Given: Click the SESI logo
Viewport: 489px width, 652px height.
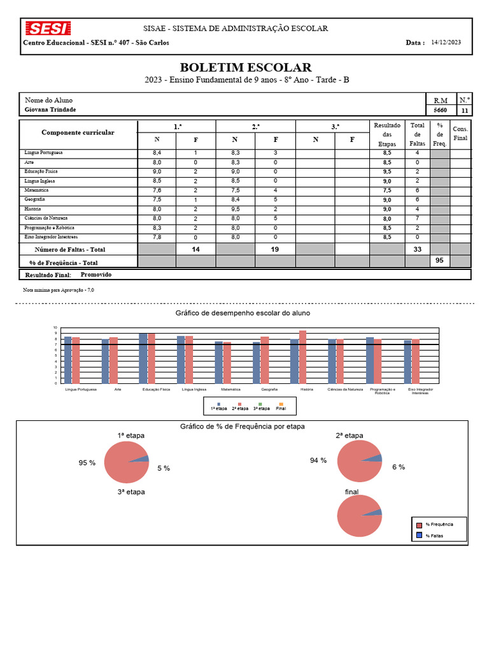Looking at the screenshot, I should coord(47,29).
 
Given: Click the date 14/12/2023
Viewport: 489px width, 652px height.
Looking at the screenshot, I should coord(446,42).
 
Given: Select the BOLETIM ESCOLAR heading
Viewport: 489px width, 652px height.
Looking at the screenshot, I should coord(246,67).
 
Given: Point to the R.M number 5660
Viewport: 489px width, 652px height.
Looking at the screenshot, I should coord(440,110).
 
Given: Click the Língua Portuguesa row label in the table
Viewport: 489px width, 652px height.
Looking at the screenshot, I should coord(44,153).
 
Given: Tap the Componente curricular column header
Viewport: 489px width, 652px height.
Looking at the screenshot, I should coord(78,132).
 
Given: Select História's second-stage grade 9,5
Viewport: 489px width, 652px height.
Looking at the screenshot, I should coord(235,209).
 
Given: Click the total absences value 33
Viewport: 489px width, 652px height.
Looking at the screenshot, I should coord(417,250).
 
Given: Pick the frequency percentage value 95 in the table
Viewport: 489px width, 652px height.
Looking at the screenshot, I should coord(439,260).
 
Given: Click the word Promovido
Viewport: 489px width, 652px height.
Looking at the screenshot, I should coord(96,274).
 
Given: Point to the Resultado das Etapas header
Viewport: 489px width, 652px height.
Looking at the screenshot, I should coord(387,134).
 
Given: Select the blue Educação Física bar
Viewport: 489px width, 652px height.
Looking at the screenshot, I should coord(143,358).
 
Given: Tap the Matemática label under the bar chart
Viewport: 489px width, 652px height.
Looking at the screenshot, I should coord(230,388).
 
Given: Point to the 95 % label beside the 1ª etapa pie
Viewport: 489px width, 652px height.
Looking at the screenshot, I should coord(87,463).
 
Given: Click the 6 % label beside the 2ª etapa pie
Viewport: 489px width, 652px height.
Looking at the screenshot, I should coord(399,467).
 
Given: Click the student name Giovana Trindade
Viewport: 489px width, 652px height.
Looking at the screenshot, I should coord(50,110).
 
